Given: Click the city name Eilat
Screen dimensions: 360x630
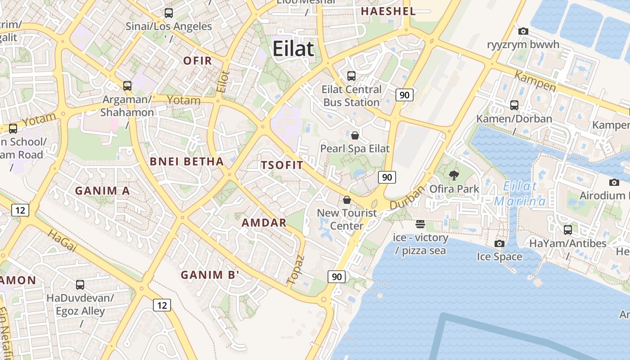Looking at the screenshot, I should click(x=293, y=49).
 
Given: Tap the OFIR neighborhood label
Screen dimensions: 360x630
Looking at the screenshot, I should click(x=198, y=61).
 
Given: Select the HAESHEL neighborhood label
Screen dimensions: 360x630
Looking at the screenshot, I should click(x=388, y=11).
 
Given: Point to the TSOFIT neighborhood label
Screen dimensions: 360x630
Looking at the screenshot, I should click(x=282, y=165).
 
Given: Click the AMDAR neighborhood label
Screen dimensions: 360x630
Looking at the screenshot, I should click(x=264, y=222).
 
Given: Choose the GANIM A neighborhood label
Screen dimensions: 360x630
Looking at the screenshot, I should click(x=102, y=191).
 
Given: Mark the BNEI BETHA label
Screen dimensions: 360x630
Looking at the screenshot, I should click(x=187, y=162).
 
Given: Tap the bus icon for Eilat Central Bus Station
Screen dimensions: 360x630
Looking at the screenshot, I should click(x=351, y=76).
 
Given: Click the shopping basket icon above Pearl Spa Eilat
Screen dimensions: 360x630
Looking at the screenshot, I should click(x=355, y=135).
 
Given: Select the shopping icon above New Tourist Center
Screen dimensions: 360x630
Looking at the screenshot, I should click(x=347, y=199).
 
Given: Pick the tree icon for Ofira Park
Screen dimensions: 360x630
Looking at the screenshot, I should click(x=454, y=175).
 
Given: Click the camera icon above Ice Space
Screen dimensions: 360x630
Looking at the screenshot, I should click(x=499, y=243).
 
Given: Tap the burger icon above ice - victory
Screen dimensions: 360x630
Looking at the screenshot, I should click(x=420, y=224).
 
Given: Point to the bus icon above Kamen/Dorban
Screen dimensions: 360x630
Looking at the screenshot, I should click(x=514, y=105).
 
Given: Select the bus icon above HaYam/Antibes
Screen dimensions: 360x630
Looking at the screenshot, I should click(x=568, y=230).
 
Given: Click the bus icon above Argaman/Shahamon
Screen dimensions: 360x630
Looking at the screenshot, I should click(x=127, y=85).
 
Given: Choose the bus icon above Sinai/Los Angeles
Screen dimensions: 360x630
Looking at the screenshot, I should click(x=169, y=13).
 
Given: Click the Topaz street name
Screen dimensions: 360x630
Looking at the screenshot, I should click(x=296, y=270).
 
